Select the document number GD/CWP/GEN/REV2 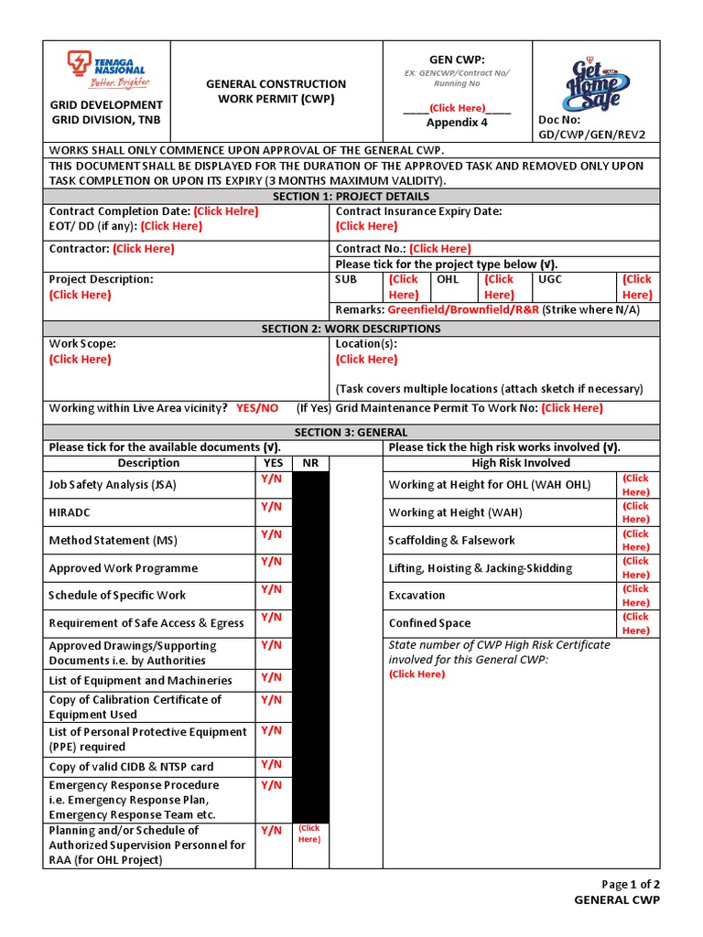[591, 135]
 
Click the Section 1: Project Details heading [351, 196]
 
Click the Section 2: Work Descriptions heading [351, 328]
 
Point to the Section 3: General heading [351, 432]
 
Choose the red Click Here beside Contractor [144, 249]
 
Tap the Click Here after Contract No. [440, 249]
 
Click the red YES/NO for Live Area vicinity [257, 408]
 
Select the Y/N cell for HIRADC [272, 506]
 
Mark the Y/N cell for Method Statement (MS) [272, 533]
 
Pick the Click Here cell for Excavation [635, 596]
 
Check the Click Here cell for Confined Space [635, 623]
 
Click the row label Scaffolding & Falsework [451, 541]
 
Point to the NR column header [310, 463]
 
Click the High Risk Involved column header [521, 463]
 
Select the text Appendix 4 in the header [457, 123]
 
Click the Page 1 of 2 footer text [630, 884]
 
